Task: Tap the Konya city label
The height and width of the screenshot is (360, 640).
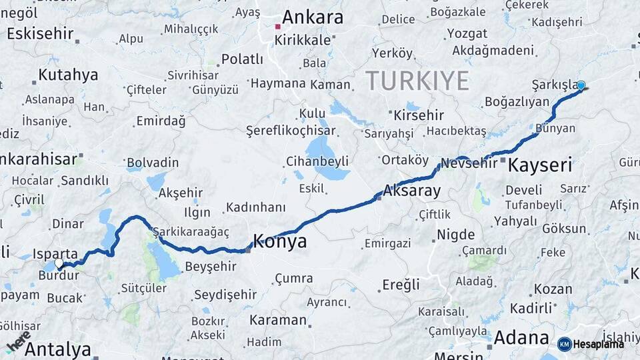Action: (280, 241)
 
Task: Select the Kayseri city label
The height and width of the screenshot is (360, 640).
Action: (540, 165)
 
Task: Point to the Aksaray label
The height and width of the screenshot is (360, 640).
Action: (411, 191)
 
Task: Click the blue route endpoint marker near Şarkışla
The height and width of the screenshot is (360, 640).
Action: (581, 85)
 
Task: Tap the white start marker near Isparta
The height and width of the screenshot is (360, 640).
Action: (59, 263)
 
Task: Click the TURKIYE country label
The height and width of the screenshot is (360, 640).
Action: (417, 81)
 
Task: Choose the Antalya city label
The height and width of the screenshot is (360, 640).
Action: (58, 349)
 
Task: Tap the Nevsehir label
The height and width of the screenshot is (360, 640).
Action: (469, 163)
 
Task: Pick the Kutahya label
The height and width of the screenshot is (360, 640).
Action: (68, 75)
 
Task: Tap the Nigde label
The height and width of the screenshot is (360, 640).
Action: (456, 235)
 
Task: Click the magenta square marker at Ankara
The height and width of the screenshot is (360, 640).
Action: (278, 27)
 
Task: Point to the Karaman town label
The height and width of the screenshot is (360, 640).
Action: (277, 319)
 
